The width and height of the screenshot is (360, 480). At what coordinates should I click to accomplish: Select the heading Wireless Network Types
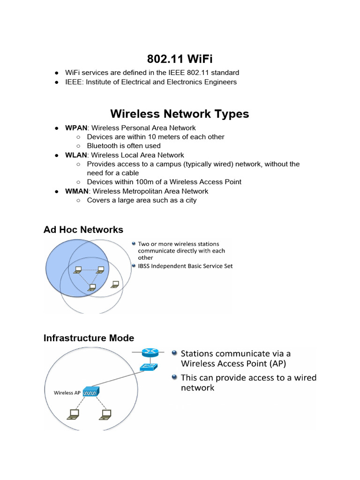(180, 114)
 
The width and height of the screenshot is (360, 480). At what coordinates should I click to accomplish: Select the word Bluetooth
(103, 146)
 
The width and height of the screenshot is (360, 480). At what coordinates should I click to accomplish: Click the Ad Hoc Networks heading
(83, 229)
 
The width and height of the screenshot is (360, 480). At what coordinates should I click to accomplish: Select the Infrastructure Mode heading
(89, 338)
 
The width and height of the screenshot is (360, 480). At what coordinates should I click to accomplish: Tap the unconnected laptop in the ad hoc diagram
(115, 284)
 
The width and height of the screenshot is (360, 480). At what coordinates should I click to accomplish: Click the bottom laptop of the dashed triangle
(92, 286)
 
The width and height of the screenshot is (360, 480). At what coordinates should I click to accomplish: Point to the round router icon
(150, 352)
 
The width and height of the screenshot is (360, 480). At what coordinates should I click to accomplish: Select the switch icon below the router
(150, 367)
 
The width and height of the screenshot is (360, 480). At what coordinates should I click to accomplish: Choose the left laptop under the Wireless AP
(73, 414)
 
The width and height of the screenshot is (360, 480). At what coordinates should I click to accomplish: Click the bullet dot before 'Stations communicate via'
(174, 353)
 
